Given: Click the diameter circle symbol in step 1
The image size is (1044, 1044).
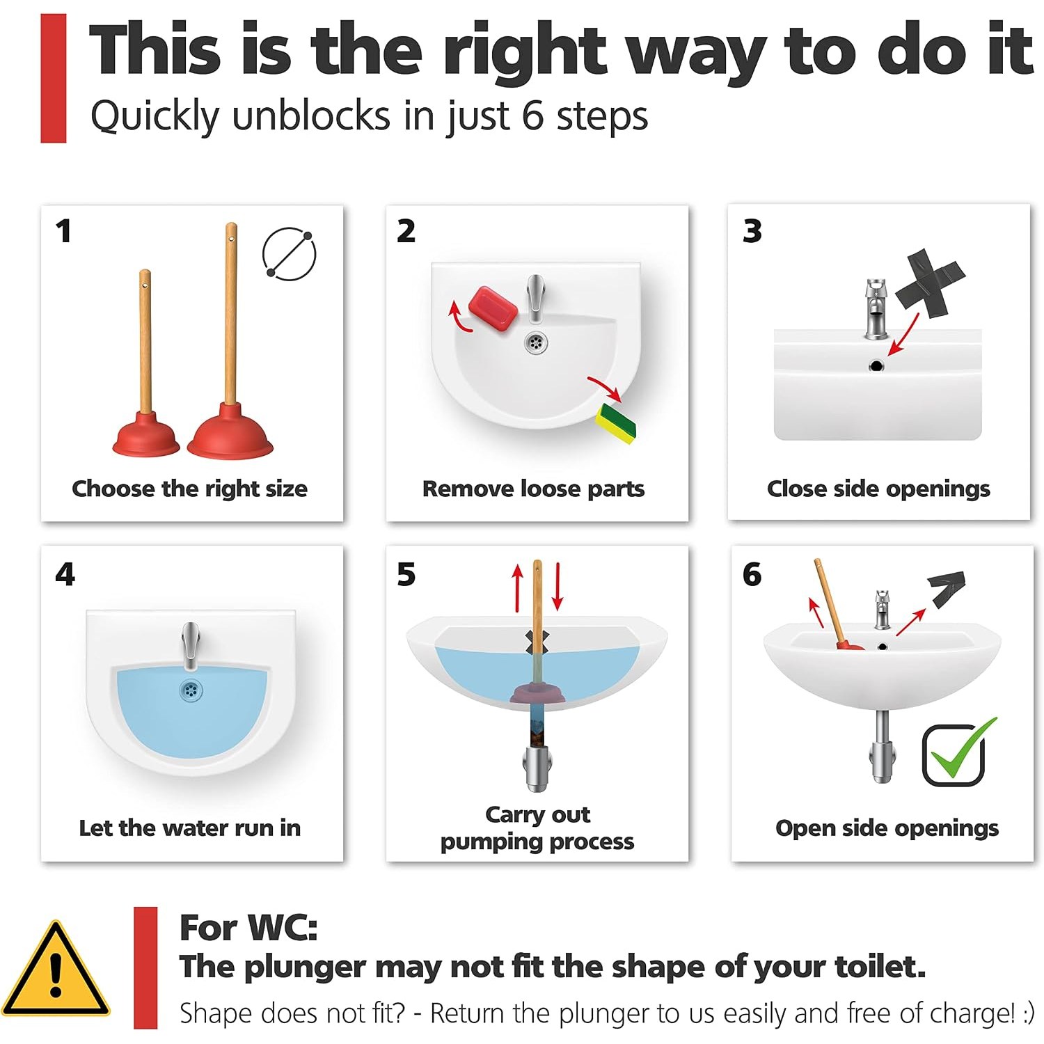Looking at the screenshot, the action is point(289,254).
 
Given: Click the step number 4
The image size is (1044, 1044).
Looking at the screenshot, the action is point(65,574).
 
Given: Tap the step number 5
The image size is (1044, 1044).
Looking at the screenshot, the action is point(406,574).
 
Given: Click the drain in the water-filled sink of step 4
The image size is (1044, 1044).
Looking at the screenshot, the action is point(190,690).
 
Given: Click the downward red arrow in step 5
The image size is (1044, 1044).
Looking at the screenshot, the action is point(557,587).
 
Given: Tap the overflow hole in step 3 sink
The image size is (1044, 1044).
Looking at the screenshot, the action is point(876,365).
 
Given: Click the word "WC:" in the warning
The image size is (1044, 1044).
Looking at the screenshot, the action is point(283,928).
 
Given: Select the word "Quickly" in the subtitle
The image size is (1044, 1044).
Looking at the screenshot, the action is point(155,116).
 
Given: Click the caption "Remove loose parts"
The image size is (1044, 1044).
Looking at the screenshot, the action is point(534,489).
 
